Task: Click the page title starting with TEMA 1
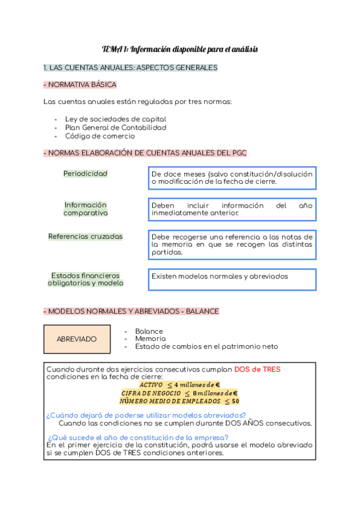pos(179,49)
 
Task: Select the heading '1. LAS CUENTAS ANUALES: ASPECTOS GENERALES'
pos(130,68)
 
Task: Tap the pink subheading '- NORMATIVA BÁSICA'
pos(80,85)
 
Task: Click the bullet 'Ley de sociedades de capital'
pos(115,119)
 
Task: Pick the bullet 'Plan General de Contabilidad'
pos(115,127)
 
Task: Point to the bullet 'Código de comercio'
pos(100,136)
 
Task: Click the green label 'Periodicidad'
pos(85,173)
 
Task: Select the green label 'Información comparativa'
pos(85,209)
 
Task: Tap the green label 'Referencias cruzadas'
pos(85,236)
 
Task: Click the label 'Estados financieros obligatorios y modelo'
pos(85,279)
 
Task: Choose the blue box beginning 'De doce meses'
pos(232,178)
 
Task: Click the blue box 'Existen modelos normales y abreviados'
pos(232,279)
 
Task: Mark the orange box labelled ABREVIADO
pos(77,339)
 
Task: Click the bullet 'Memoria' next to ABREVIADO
pos(149,339)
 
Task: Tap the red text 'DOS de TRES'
pos(257,369)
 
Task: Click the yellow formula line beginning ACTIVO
pos(179,384)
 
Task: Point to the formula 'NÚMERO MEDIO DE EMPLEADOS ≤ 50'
pos(179,400)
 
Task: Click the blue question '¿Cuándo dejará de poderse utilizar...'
pos(146,415)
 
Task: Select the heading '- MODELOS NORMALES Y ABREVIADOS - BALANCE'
pos(131,312)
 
